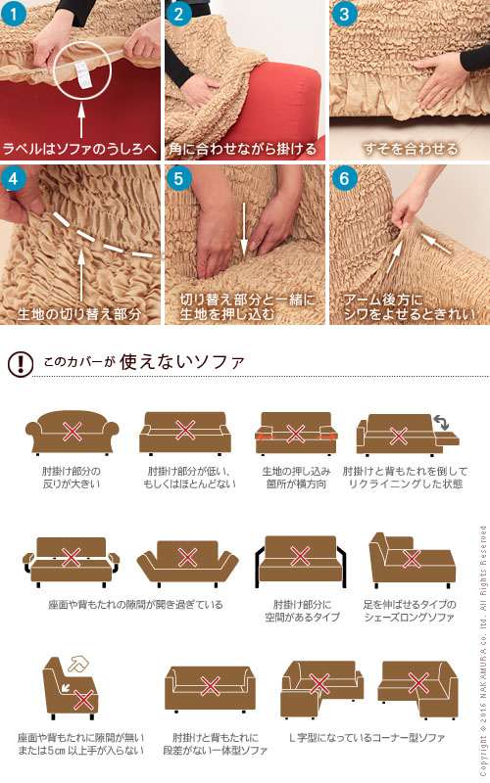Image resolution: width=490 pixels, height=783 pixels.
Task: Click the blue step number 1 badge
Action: (x=14, y=14)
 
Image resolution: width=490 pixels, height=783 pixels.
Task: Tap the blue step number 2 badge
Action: (x=178, y=14)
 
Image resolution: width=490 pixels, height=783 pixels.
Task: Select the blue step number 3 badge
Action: (x=342, y=14)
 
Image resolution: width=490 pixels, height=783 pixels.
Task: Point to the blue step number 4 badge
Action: (x=14, y=179)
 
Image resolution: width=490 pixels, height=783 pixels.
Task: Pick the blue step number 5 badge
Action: (x=178, y=179)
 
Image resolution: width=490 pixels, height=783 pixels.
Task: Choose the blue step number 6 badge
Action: (x=342, y=179)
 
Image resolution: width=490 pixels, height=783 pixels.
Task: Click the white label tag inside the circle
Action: (x=80, y=70)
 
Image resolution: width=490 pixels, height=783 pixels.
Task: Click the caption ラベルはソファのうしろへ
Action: (x=79, y=150)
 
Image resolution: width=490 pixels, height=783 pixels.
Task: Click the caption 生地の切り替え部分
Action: (x=79, y=315)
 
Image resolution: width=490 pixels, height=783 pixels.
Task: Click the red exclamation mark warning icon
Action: (x=19, y=363)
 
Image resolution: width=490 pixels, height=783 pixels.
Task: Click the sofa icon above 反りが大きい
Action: (x=72, y=432)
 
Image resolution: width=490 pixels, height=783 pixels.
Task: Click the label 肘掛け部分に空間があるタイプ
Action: (x=302, y=611)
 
